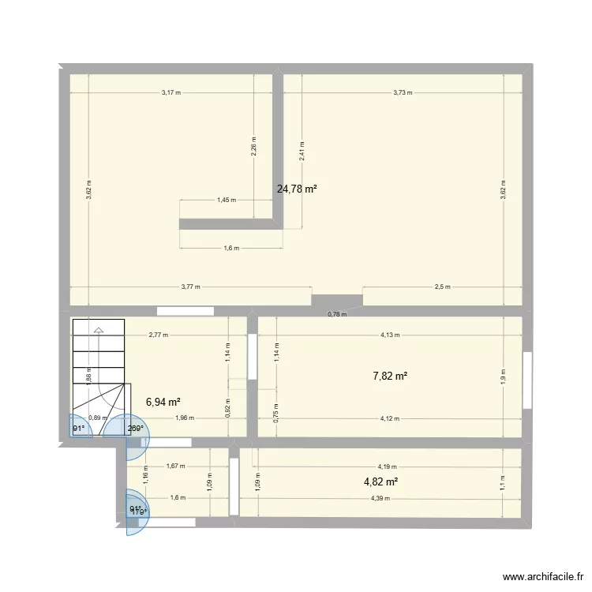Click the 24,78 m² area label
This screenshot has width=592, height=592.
click(297, 189)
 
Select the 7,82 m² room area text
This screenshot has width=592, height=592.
click(390, 377)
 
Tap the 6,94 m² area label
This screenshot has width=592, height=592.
click(164, 402)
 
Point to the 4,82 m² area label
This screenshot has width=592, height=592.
click(380, 481)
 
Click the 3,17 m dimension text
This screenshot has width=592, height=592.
click(170, 93)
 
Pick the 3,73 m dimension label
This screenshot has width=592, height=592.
click(403, 93)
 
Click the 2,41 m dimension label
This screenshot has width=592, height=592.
click(302, 152)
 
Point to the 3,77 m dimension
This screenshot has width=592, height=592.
click(190, 287)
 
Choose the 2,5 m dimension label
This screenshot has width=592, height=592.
click(442, 287)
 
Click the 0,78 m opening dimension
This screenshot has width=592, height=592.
click(337, 315)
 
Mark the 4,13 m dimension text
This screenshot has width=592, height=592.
click(390, 335)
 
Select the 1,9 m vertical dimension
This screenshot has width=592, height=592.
click(504, 377)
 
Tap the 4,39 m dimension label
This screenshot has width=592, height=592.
click(380, 498)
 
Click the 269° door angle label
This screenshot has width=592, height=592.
click(135, 429)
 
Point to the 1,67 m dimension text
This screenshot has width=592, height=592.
click(175, 466)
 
